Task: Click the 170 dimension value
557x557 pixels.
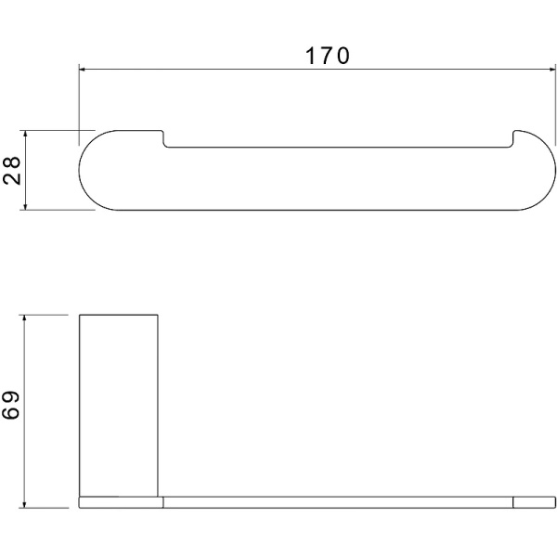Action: [x=327, y=56]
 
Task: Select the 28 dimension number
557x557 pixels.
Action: [x=12, y=170]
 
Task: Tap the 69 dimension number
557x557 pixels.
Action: [x=10, y=406]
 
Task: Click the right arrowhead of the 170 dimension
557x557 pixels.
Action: [x=551, y=70]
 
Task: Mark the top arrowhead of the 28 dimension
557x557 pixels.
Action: [x=25, y=135]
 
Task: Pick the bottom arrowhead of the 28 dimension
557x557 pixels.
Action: [x=25, y=205]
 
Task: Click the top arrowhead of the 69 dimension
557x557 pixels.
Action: [x=24, y=319]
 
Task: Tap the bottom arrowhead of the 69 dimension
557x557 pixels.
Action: [x=24, y=503]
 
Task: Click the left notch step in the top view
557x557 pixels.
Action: [x=163, y=139]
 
